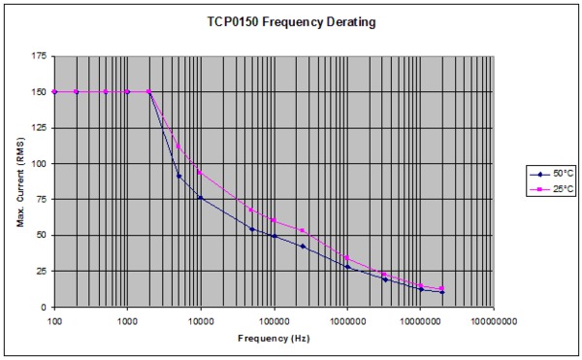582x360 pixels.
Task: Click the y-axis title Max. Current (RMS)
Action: [x=20, y=181]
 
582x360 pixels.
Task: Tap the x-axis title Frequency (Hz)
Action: [x=275, y=339]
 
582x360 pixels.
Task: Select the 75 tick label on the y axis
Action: [x=41, y=200]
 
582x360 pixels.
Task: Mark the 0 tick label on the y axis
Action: [x=44, y=307]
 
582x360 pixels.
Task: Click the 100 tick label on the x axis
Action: [x=54, y=318]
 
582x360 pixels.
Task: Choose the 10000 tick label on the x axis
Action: [x=201, y=318]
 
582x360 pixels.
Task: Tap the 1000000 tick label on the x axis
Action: [x=347, y=318]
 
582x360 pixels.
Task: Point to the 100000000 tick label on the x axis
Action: [x=494, y=318]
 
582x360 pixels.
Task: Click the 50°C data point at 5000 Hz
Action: [x=178, y=176]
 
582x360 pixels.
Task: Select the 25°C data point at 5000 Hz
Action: [x=178, y=147]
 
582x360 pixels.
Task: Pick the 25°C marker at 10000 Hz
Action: [x=201, y=173]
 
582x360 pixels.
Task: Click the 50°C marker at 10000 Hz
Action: [x=201, y=198]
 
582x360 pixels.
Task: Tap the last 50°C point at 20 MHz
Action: [x=442, y=292]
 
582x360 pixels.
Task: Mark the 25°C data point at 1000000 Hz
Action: [x=347, y=258]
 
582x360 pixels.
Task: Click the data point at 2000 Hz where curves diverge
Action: [x=149, y=92]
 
